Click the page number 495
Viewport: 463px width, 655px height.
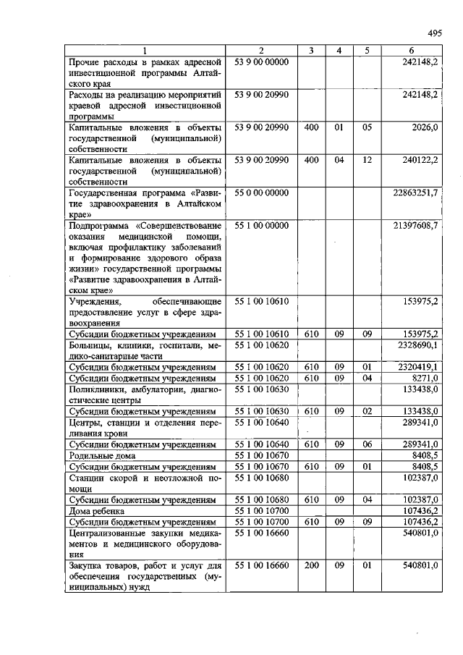point(435,33)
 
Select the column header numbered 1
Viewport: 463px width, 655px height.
point(145,51)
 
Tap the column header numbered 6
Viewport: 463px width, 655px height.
point(412,51)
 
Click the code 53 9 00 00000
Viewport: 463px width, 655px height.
point(261,62)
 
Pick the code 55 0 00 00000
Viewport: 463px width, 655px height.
point(261,193)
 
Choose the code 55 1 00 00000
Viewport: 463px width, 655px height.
point(261,226)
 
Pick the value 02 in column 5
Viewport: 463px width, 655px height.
point(368,411)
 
